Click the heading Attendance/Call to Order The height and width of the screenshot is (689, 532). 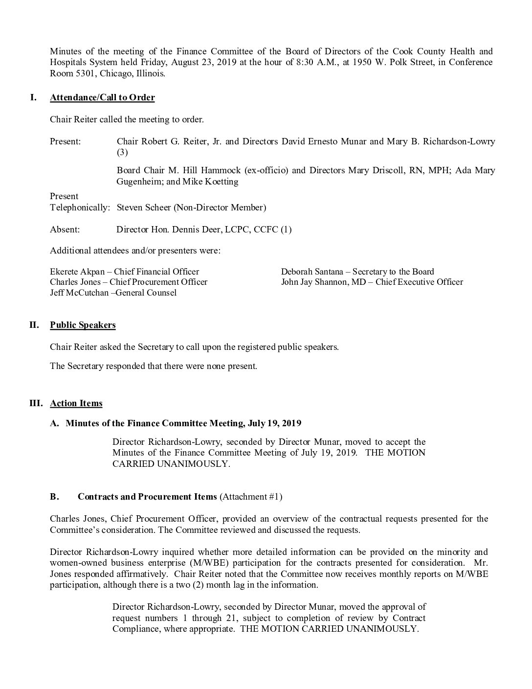coord(102,97)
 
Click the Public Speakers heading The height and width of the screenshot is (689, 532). coord(83,325)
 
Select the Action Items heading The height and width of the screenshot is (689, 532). coord(76,403)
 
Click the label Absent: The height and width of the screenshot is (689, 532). coord(65,229)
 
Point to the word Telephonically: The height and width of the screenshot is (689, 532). coord(80,207)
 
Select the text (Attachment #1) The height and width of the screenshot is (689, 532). coord(251,497)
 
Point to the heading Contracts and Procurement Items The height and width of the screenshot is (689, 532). coord(147,497)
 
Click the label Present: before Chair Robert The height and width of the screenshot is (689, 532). coord(65,141)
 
